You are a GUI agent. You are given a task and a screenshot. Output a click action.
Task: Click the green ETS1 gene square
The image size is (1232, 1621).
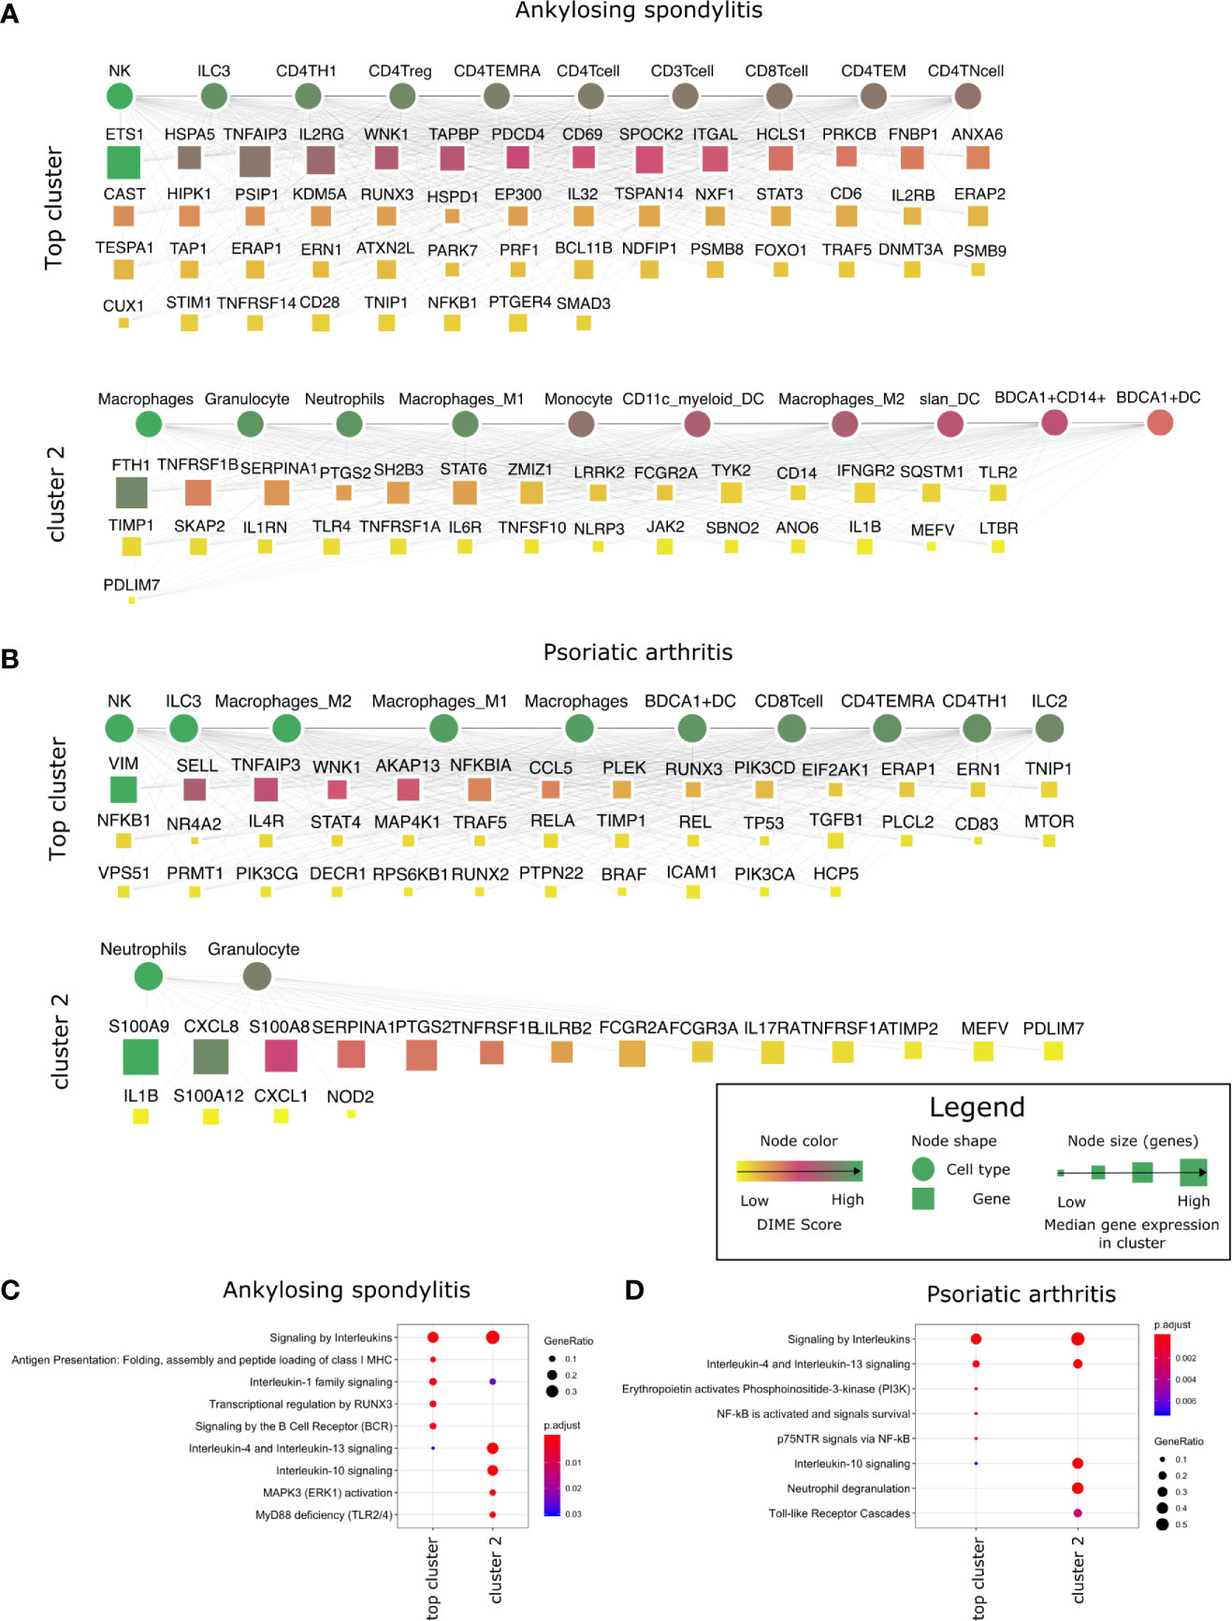(x=123, y=162)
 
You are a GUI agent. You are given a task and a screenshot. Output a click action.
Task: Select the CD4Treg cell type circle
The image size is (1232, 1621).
(x=402, y=95)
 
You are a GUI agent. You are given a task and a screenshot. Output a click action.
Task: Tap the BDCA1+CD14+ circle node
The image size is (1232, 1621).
(x=1054, y=422)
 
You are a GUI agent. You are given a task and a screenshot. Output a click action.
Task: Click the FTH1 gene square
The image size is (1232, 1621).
(x=131, y=491)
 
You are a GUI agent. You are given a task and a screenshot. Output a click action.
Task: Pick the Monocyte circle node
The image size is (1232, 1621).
(x=581, y=424)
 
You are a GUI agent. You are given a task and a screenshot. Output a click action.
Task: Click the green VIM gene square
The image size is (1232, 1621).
(x=123, y=789)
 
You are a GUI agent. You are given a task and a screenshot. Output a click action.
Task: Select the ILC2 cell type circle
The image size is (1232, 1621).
(x=1050, y=727)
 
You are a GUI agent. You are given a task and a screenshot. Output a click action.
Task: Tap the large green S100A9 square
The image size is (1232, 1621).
(x=140, y=1056)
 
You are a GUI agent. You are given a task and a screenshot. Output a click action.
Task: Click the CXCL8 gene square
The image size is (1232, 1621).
(x=210, y=1056)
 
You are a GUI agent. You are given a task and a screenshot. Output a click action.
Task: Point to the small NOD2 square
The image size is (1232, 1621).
(x=351, y=1114)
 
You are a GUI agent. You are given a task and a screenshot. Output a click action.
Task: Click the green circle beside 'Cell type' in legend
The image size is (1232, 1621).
(x=923, y=1169)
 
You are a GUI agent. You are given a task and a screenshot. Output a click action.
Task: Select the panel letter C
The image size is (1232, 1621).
(x=10, y=1291)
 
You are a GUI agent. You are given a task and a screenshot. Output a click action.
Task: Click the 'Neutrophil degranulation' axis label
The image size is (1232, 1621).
(x=848, y=1488)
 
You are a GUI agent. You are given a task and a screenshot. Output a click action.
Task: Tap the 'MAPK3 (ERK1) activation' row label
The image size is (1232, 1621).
(x=328, y=1492)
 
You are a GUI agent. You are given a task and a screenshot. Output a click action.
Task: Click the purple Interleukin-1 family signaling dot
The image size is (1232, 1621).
(x=492, y=1381)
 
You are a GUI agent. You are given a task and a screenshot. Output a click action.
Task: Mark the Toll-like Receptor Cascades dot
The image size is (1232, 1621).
(x=1078, y=1512)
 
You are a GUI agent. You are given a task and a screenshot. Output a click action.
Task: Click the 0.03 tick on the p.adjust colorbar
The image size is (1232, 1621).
(x=573, y=1513)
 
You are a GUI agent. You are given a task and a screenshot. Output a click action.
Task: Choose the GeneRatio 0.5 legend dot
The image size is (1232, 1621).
(x=1162, y=1525)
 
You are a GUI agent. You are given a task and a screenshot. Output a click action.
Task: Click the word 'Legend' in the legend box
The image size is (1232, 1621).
(x=977, y=1107)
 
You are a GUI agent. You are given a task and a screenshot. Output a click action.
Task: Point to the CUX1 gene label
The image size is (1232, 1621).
(x=123, y=305)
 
